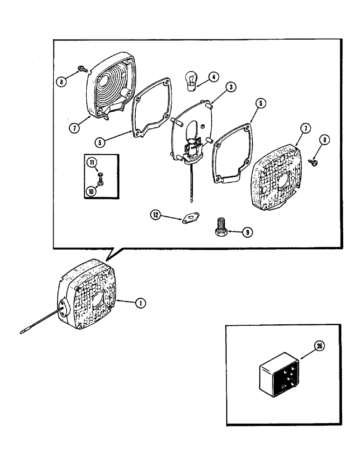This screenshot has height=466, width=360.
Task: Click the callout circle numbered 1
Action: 138,303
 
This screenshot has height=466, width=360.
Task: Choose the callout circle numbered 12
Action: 155,214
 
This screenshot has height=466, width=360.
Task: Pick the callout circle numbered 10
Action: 91,190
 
